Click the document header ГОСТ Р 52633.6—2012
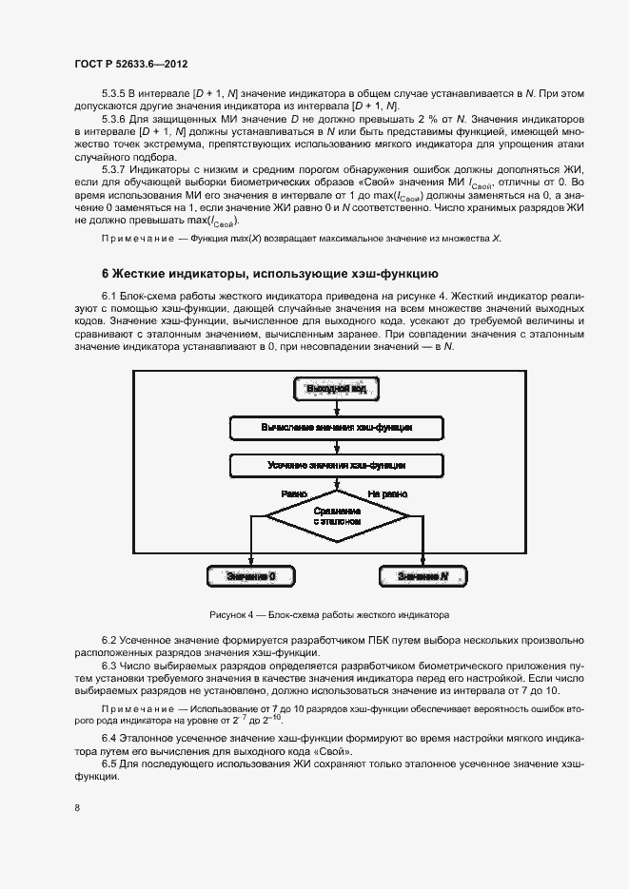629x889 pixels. point(129,64)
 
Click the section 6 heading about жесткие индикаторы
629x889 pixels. point(269,273)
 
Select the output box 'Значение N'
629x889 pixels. point(422,576)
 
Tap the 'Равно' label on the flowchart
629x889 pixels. point(293,494)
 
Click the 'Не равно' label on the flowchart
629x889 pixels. point(387,494)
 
